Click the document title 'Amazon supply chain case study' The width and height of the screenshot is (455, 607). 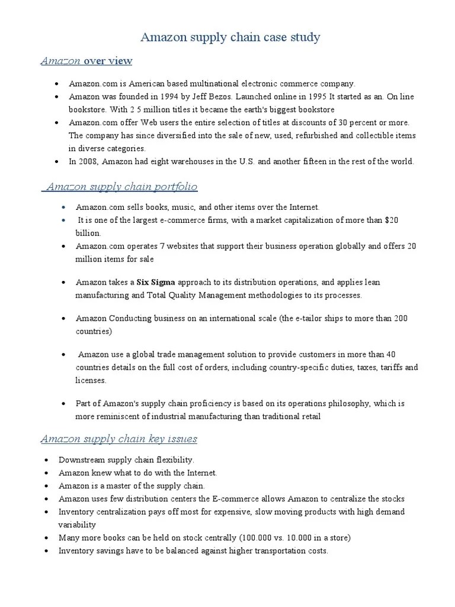[230, 37]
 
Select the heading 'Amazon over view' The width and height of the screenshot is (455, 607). [86, 61]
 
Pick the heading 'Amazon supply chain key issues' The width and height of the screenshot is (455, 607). [118, 439]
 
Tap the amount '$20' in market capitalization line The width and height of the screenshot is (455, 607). [392, 220]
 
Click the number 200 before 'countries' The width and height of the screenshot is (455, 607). [400, 318]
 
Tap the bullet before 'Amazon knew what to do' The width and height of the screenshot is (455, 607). [47, 472]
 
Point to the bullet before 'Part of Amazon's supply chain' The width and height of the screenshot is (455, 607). [63, 404]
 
